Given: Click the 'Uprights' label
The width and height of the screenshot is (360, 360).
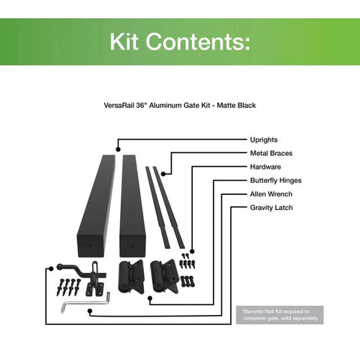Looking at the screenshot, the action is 264,139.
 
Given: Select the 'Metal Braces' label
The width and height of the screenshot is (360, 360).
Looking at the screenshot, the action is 271,153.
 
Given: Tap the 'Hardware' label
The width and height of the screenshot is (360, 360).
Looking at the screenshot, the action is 265,166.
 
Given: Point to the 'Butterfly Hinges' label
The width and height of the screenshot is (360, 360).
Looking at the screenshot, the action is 276,181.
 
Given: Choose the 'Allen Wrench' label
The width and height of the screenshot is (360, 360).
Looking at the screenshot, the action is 271,194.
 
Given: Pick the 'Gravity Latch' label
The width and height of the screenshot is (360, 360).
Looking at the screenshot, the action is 271,208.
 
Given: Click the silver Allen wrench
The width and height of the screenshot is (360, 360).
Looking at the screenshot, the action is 85,304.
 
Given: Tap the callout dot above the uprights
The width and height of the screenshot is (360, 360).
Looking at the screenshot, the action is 118,149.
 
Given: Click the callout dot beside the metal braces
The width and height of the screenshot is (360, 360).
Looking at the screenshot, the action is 163,174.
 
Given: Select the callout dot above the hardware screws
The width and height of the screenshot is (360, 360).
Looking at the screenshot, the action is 192,251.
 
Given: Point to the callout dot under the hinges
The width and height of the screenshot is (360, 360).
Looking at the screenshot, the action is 150,298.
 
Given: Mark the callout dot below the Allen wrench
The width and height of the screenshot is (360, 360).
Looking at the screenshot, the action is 90,311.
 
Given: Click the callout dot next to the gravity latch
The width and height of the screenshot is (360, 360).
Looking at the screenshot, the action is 51,268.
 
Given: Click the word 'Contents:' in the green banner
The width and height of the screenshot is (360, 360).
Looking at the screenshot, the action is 198,41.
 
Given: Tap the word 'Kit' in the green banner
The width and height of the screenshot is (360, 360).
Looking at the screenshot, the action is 124,41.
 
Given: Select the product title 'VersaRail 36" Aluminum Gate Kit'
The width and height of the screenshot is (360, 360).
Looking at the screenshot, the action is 157,106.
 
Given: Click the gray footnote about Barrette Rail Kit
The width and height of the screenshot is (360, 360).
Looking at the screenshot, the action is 280,315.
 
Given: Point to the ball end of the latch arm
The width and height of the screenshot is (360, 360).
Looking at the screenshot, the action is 60,267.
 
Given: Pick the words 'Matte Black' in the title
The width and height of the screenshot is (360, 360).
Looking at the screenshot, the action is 236,106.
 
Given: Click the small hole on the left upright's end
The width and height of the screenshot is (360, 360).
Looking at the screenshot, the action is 90,246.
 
